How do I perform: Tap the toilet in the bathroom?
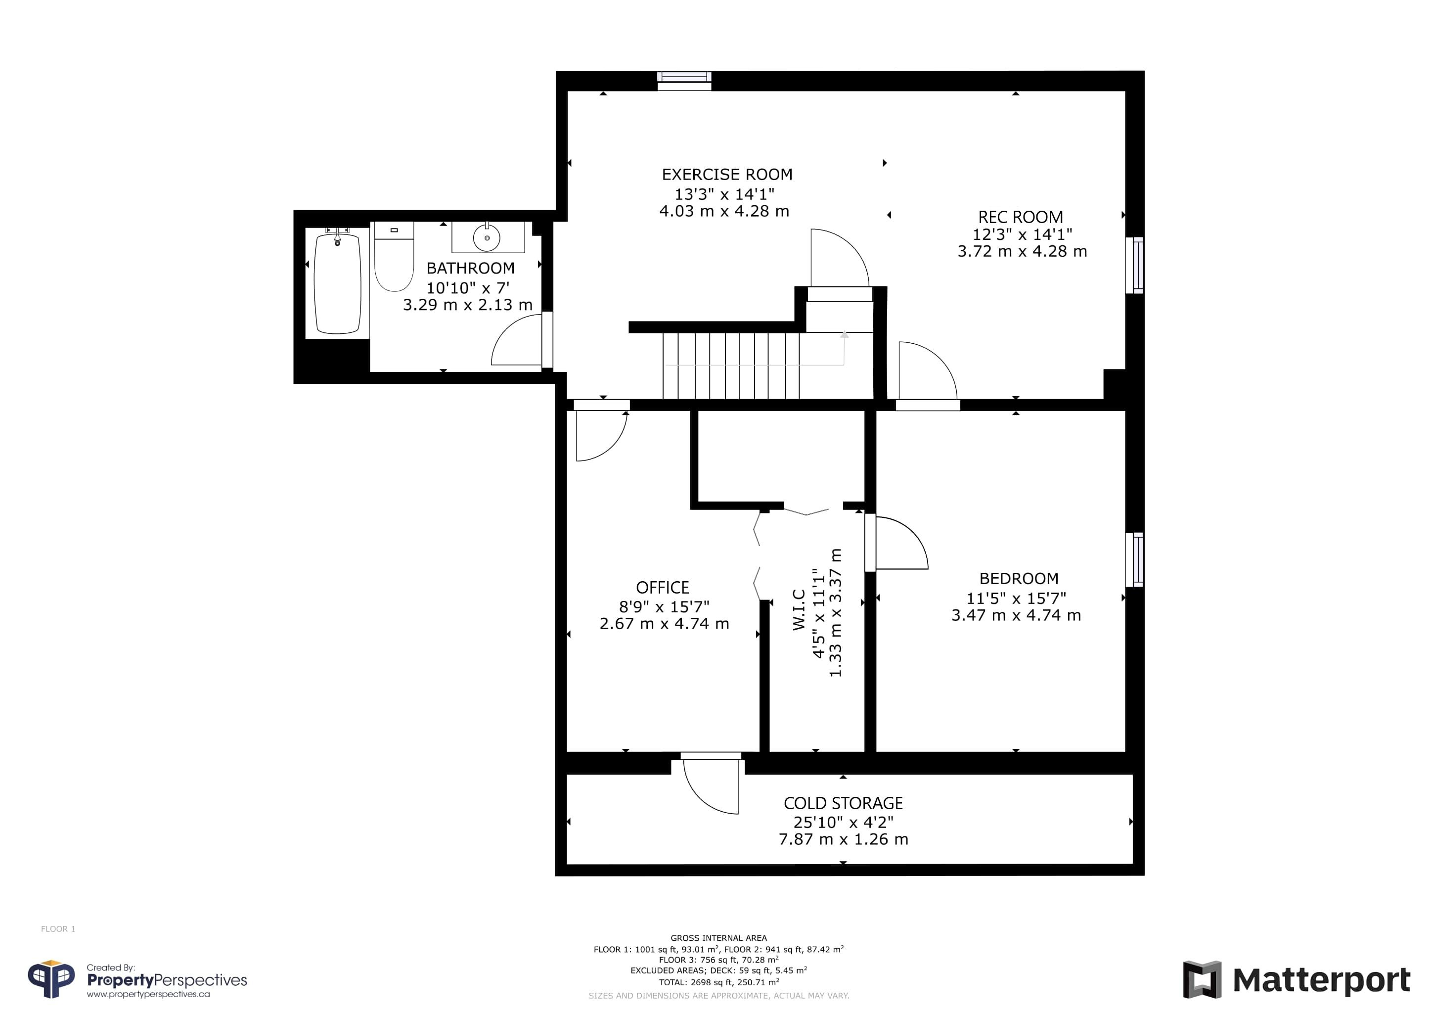pos(394,256)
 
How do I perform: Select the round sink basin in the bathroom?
pos(487,237)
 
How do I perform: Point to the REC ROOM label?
pos(1021,217)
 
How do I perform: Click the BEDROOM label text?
pos(1019,578)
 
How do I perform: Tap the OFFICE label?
pos(663,588)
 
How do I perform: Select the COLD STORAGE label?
pos(843,803)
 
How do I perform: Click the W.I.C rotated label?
pos(799,609)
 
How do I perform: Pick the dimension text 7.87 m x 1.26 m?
pos(843,839)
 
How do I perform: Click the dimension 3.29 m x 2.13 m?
pos(468,304)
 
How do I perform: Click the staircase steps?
pos(731,365)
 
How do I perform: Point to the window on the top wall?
pos(684,81)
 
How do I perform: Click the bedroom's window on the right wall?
pos(1134,559)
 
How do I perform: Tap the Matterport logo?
pos(1298,979)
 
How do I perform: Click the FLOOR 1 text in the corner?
pos(58,929)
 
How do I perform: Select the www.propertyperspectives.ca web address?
pos(148,994)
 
